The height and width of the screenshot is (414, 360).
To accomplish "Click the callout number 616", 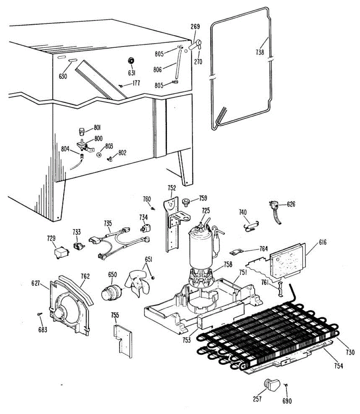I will click(x=322, y=243).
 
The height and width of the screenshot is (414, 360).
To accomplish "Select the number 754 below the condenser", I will click(x=339, y=366).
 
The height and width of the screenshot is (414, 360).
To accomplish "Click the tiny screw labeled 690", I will click(x=286, y=385).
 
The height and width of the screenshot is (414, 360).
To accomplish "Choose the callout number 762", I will click(x=85, y=276).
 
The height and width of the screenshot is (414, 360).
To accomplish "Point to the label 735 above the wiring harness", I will click(x=108, y=224).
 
